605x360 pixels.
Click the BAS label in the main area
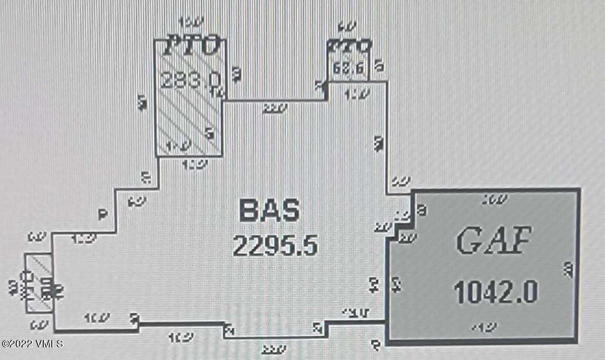point(269,211)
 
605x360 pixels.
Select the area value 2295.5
point(275,245)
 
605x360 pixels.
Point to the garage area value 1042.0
point(495,292)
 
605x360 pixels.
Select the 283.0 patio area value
point(190,80)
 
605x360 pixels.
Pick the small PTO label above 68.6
point(349,46)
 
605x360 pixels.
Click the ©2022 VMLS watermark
point(32,344)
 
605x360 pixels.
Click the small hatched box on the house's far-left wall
point(38,283)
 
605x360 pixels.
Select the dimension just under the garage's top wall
point(495,199)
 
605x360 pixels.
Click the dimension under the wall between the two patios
point(275,108)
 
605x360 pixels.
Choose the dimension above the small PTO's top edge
point(347,26)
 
